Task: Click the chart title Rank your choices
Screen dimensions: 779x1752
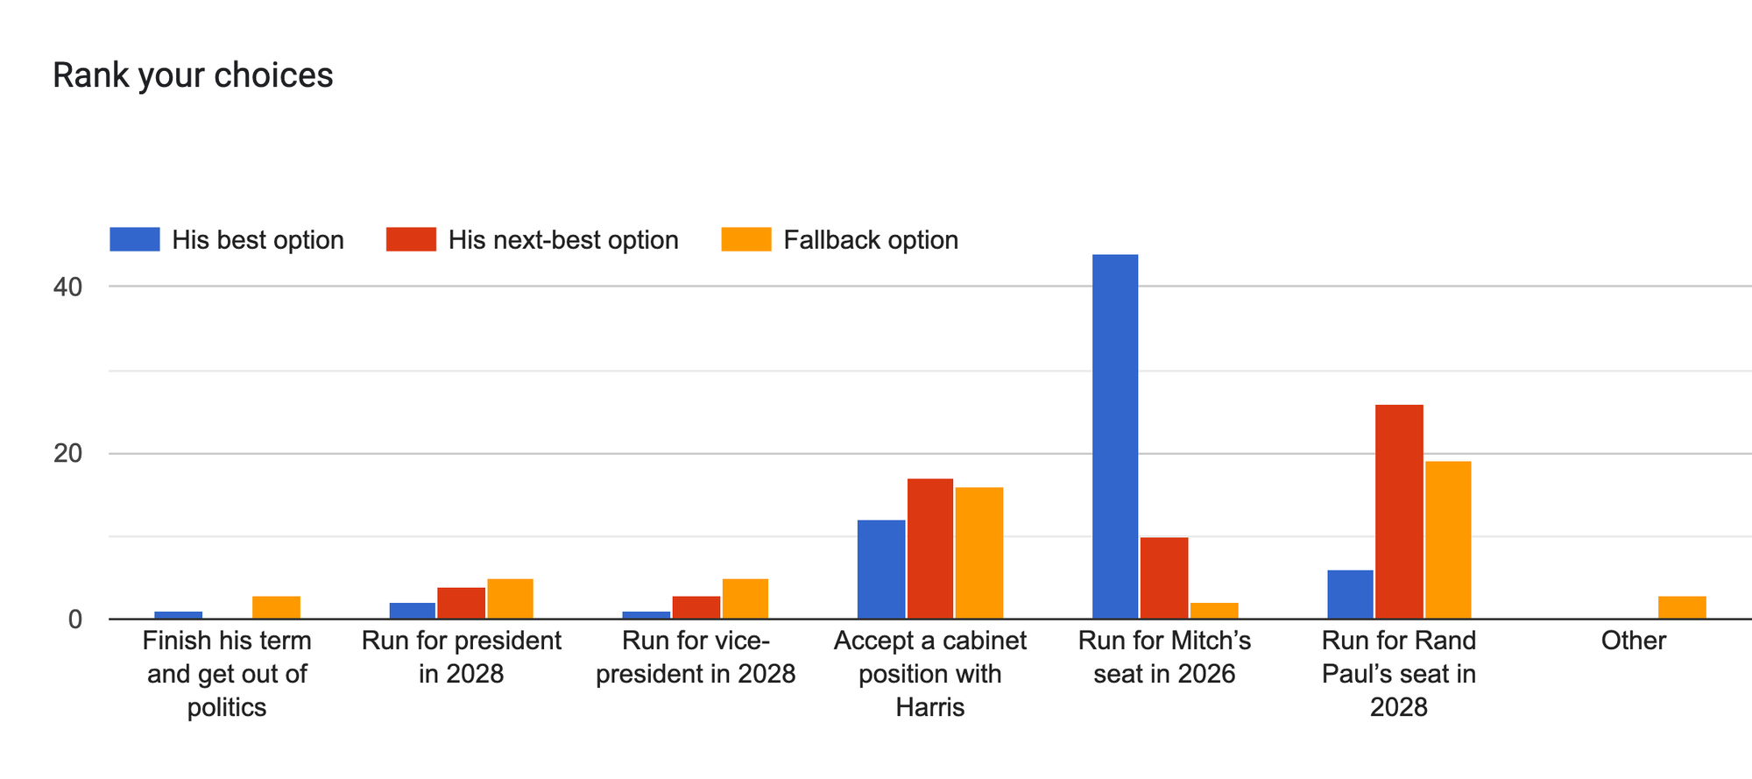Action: click(x=193, y=75)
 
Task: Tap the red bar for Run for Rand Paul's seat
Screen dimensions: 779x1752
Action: click(x=1399, y=512)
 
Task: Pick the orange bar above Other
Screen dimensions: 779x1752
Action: click(x=1682, y=607)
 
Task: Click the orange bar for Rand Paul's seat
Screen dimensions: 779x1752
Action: click(x=1448, y=540)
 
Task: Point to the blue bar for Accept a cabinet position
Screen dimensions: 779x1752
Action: click(x=881, y=570)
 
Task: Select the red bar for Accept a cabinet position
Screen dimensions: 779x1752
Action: click(x=929, y=549)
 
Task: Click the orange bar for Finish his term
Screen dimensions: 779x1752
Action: click(x=276, y=607)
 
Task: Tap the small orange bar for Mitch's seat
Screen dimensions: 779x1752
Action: click(x=1214, y=611)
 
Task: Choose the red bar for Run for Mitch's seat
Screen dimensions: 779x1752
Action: click(x=1164, y=578)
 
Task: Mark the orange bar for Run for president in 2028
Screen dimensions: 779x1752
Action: click(x=510, y=598)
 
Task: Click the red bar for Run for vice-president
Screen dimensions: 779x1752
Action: click(x=696, y=607)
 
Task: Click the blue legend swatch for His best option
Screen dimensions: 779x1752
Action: click(x=135, y=239)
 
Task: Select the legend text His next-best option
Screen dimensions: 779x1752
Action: click(x=563, y=240)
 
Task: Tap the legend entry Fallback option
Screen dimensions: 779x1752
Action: click(x=870, y=240)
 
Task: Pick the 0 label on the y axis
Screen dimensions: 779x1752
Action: click(x=74, y=620)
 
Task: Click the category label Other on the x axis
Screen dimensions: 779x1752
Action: click(x=1633, y=641)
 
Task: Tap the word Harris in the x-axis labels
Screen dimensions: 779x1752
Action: click(x=929, y=707)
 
